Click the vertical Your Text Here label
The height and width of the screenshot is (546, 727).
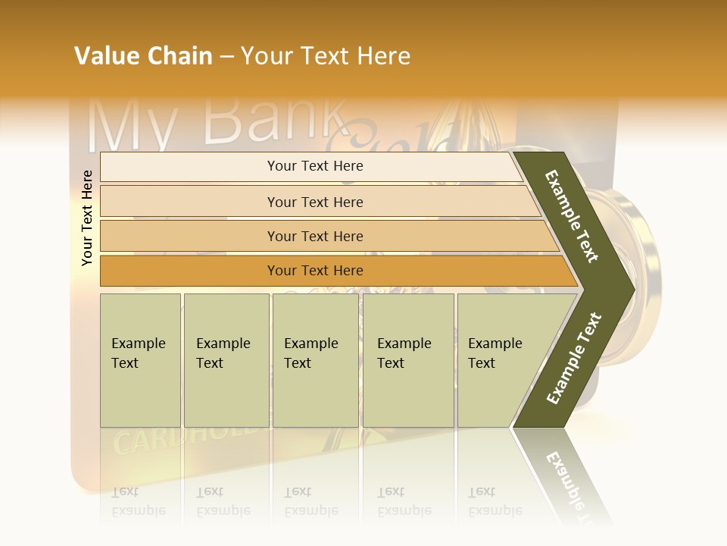[87, 218]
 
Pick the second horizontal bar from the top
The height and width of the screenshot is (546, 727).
[315, 202]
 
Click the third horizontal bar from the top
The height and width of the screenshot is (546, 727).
[315, 236]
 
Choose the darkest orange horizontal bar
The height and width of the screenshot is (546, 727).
[315, 271]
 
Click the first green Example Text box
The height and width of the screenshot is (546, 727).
[140, 360]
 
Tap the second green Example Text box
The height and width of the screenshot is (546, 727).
[226, 360]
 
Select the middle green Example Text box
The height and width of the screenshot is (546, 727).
[315, 360]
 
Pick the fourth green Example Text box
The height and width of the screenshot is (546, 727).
[407, 360]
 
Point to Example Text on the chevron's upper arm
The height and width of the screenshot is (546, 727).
[572, 216]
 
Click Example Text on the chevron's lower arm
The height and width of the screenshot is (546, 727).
[574, 358]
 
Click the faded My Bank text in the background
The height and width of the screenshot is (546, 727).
[220, 121]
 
